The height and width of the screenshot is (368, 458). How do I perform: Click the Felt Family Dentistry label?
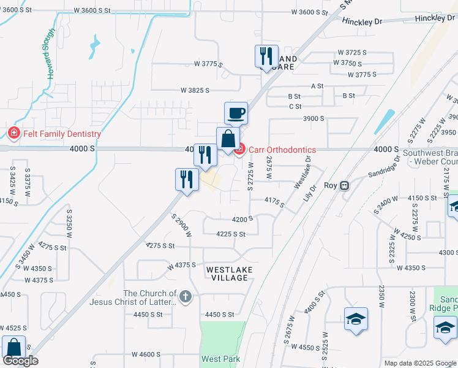click(x=61, y=134)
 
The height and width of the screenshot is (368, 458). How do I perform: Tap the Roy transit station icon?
click(x=345, y=185)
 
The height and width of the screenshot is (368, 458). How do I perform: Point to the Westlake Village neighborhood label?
click(x=228, y=274)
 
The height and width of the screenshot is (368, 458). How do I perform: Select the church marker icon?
click(x=187, y=297)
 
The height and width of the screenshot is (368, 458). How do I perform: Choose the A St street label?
click(x=317, y=86)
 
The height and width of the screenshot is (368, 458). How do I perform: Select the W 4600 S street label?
click(x=146, y=355)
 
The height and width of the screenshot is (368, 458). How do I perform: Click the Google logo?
click(x=20, y=361)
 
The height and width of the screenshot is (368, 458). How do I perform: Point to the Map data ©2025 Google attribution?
click(x=420, y=363)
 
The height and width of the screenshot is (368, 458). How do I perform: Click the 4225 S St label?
click(x=231, y=234)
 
